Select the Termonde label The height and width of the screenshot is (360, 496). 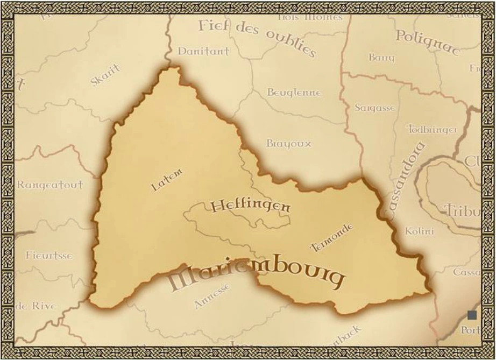click(332, 237)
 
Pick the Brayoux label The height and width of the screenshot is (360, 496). click(288, 144)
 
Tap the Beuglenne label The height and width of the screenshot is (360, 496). click(294, 93)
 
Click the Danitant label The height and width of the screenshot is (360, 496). click(203, 51)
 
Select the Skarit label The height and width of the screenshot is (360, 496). click(105, 75)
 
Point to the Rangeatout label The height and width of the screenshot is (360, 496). click(50, 185)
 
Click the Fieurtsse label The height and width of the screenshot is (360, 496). click(49, 255)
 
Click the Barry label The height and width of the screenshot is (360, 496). click(381, 57)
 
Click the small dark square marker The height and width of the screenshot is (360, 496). click(472, 315)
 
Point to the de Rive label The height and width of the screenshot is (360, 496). click(36, 306)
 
